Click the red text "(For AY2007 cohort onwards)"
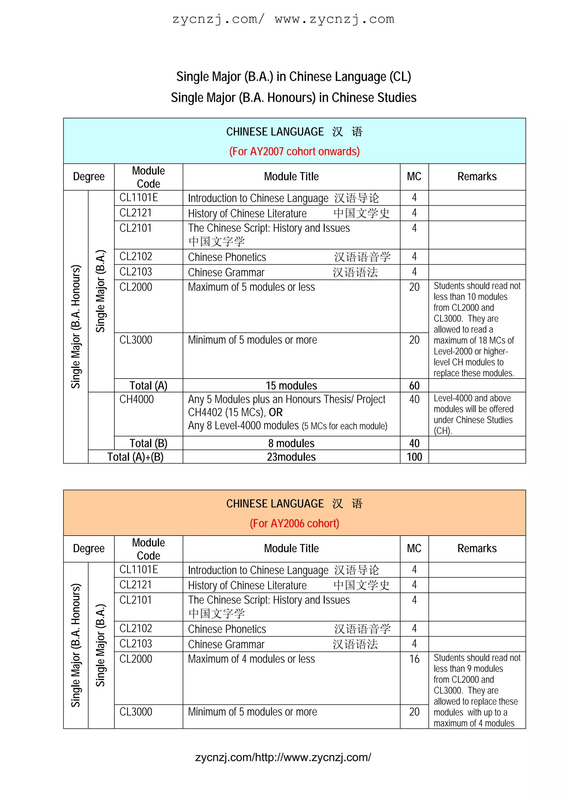coord(294,152)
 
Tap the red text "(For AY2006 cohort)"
coord(294,523)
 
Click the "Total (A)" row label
coord(148,385)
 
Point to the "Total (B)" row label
coord(148,443)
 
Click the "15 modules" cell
coord(291,385)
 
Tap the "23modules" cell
coord(291,457)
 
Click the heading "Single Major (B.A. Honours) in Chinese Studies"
coord(293,98)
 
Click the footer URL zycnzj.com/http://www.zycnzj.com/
coord(283,757)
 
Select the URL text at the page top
coord(283,19)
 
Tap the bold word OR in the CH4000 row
coord(276,412)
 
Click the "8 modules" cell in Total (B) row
coord(291,443)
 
